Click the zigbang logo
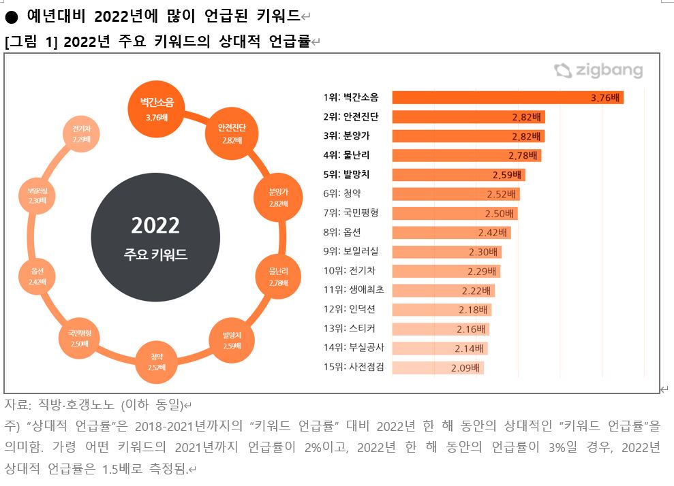tap(598, 71)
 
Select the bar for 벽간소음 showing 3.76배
tap(508, 97)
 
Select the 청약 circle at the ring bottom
tap(157, 361)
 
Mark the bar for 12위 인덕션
tap(442, 310)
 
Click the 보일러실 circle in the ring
tap(37, 196)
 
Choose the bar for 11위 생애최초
tap(443, 290)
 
